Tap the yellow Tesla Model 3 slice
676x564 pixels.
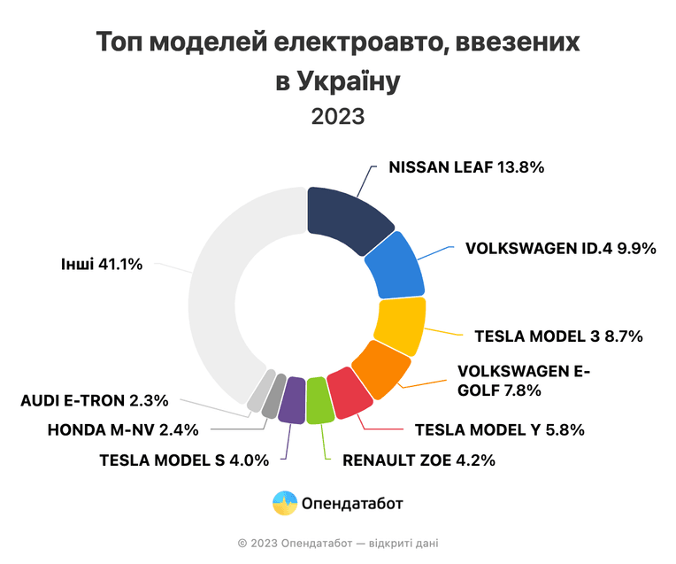[x=401, y=325]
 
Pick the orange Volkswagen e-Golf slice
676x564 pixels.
[x=380, y=368]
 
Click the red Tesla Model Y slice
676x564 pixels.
[x=349, y=393]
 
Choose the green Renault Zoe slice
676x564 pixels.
[x=319, y=400]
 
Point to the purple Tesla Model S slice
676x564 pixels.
[x=291, y=400]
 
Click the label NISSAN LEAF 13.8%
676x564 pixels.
[x=466, y=167]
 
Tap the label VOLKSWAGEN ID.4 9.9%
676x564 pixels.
[x=561, y=249]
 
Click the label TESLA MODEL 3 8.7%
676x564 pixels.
[x=558, y=336]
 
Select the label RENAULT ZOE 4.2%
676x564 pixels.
[x=419, y=460]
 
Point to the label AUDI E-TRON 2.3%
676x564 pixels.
[x=95, y=401]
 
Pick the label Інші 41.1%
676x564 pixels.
[x=102, y=264]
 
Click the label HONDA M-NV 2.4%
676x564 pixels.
[x=123, y=430]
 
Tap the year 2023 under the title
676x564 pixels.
[x=338, y=117]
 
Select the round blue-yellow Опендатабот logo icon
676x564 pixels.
[x=285, y=503]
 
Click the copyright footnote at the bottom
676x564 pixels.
[x=338, y=544]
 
